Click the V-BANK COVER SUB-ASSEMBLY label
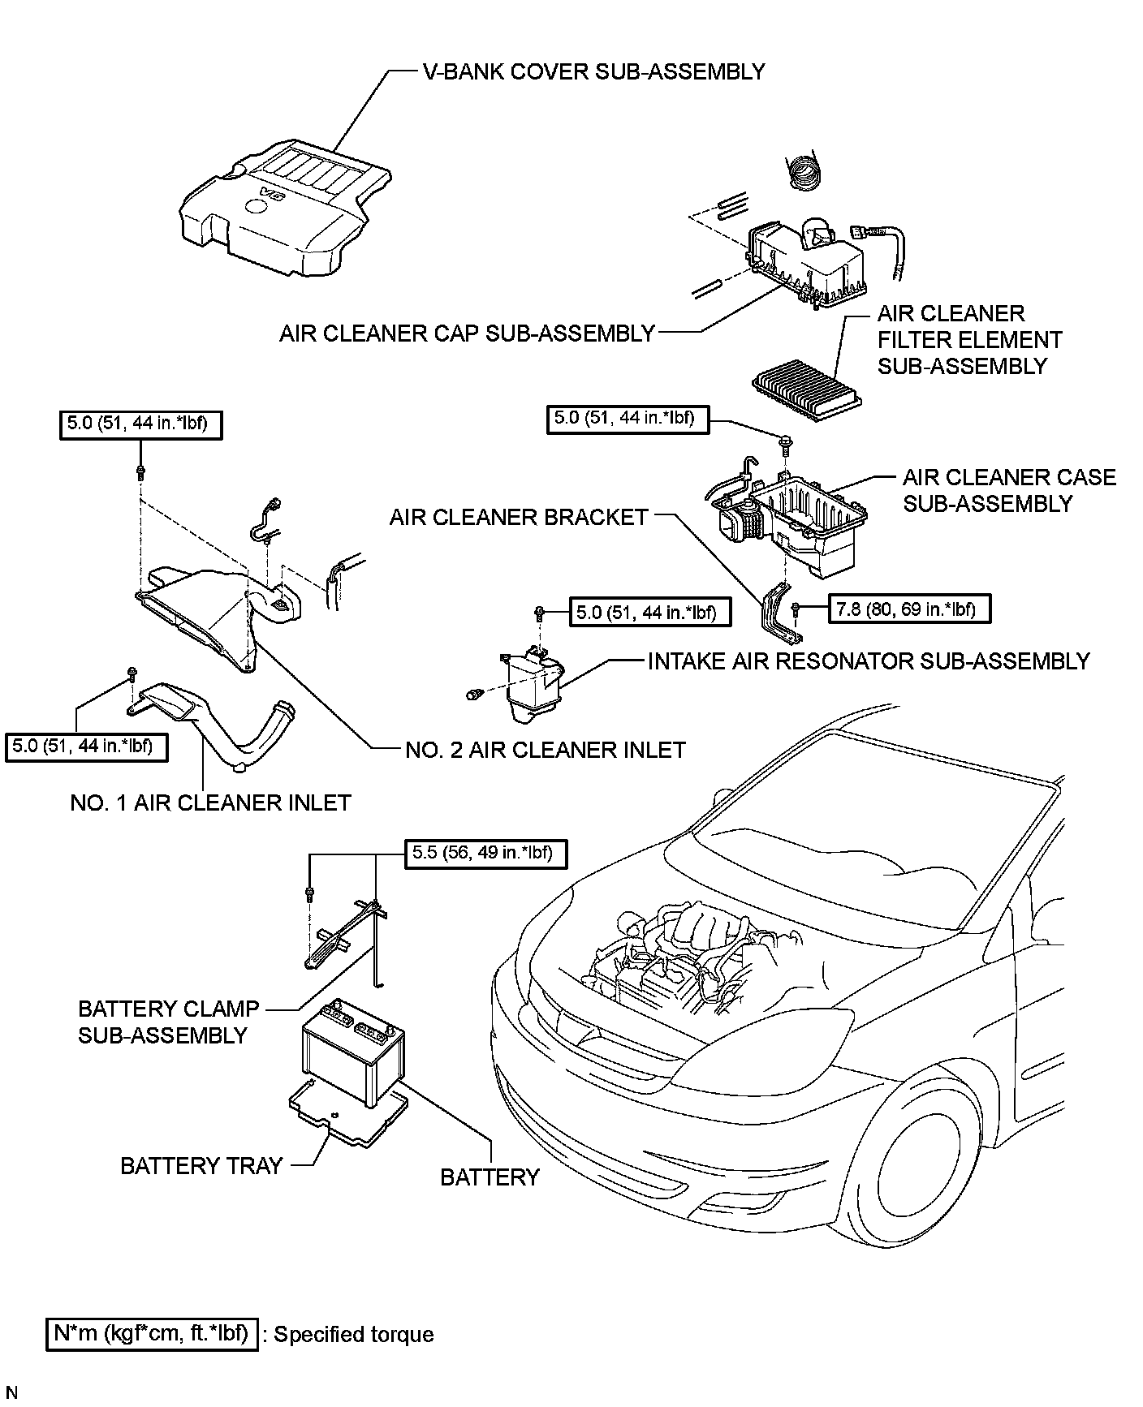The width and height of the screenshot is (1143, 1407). tap(593, 71)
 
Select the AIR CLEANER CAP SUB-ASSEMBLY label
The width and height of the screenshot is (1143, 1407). tap(467, 333)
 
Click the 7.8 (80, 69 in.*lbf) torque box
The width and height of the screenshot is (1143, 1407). tap(909, 609)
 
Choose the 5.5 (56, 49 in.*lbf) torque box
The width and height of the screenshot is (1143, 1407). tap(484, 853)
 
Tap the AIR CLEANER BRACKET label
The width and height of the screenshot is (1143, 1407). tap(519, 517)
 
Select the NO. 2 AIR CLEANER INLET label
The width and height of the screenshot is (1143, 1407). tap(546, 750)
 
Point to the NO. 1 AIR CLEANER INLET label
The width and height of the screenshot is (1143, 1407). tap(211, 802)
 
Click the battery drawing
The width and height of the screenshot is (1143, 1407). tap(353, 1052)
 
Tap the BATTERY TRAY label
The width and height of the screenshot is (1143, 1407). tap(201, 1166)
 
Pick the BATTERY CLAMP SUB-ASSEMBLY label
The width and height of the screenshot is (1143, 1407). tap(168, 1022)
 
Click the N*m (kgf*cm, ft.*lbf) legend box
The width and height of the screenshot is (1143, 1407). tap(153, 1333)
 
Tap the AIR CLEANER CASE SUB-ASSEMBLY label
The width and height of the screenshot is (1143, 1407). tap(1009, 490)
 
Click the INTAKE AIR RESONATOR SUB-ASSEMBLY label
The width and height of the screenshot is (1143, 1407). tap(869, 661)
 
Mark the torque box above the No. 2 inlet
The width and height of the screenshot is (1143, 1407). tap(140, 425)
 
